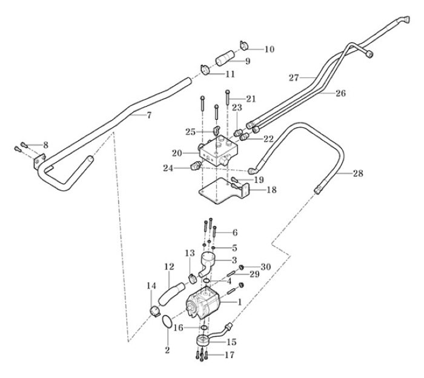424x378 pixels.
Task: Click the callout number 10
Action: point(270,48)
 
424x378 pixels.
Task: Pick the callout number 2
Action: point(168,350)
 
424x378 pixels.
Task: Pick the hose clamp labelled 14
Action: point(154,312)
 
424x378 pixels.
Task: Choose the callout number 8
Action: point(44,145)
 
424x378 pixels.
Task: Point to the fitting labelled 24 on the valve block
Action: point(196,166)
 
